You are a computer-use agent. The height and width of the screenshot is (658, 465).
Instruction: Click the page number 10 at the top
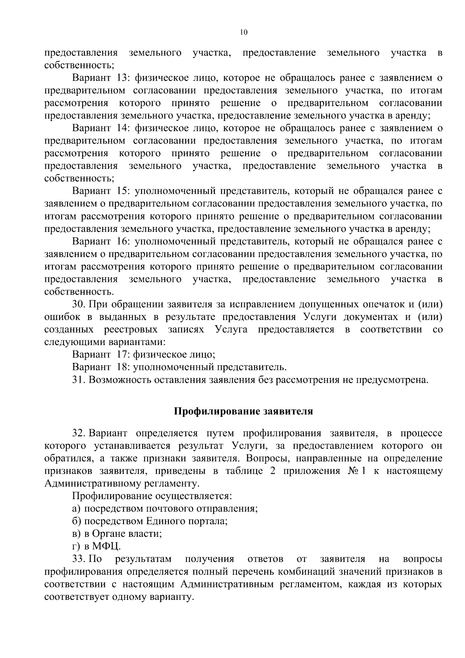(x=243, y=33)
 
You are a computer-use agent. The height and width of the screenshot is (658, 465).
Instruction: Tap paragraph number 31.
(x=79, y=380)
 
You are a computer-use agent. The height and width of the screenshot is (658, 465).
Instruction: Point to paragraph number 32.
(x=79, y=433)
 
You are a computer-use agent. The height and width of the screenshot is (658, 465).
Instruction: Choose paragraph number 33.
(x=79, y=559)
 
